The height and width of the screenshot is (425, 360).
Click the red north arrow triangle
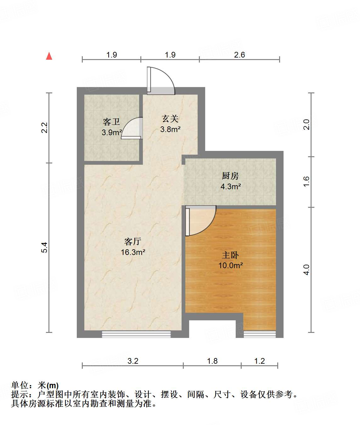pos(49,56)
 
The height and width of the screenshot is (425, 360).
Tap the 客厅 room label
pos(132,241)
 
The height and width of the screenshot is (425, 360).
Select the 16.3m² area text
pos(133,252)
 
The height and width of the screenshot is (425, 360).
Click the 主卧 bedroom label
pos(230,255)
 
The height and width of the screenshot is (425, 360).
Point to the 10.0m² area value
pos(230,265)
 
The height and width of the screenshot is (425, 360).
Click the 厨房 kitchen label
pos(230,176)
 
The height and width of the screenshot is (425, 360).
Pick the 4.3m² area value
pos(231,186)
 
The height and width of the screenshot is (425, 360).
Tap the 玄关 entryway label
pos(170,119)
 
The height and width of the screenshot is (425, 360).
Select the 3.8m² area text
pos(170,129)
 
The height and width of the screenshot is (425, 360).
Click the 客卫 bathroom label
pos(111,122)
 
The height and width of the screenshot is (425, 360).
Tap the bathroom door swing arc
pos(132,128)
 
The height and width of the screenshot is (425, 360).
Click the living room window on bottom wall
pos(136,334)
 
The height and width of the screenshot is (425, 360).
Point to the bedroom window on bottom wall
pos(260,334)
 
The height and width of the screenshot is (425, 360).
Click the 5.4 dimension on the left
pos(45,247)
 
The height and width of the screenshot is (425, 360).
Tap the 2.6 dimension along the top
pos(239,55)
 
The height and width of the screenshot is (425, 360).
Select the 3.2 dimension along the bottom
pos(133,361)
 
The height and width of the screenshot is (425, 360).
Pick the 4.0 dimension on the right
pos(307,269)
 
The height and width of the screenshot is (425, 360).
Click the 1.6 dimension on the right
pos(307,181)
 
